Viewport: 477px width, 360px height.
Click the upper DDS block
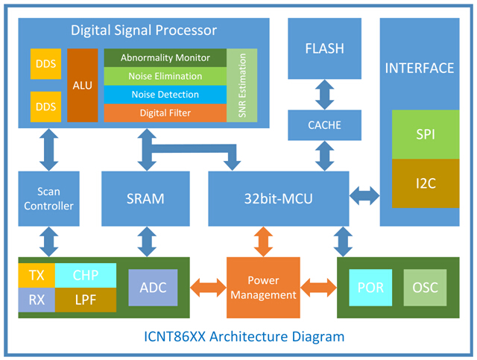(45, 64)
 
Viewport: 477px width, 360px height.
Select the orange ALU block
(83, 85)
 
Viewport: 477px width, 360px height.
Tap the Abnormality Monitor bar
(165, 58)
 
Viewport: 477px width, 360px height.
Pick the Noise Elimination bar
(165, 76)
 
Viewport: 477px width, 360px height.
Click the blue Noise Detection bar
(165, 95)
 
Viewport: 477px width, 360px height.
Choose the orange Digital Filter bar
(165, 113)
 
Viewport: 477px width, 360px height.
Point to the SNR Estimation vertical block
(241, 86)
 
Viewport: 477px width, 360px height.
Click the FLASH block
(324, 49)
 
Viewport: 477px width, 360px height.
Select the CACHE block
(324, 124)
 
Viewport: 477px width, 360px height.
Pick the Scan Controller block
(50, 198)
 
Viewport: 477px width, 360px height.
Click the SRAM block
(146, 198)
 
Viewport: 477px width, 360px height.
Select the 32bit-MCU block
(278, 198)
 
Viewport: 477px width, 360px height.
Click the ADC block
(153, 287)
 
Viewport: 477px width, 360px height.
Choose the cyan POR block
(370, 288)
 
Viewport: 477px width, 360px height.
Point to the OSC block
(426, 288)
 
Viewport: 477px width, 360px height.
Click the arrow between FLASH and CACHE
(324, 95)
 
